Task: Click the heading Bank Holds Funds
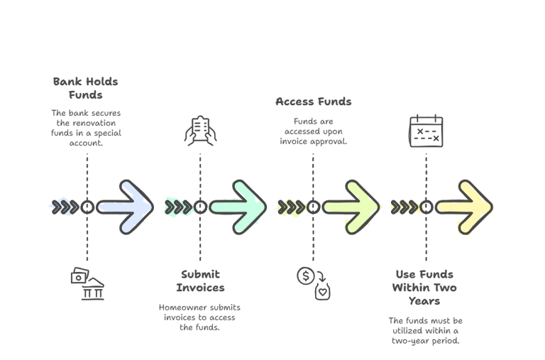point(86,88)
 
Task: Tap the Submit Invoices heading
point(200,280)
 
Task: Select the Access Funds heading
point(313,102)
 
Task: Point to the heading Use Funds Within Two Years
point(425,288)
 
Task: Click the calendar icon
point(426,132)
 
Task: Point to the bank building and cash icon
point(87,283)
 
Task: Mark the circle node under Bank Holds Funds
point(87,207)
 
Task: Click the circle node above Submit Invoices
point(200,207)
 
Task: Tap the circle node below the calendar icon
point(426,207)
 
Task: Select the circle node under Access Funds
point(313,207)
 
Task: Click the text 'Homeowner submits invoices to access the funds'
point(200,317)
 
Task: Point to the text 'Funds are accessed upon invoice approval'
point(313,131)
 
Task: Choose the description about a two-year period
point(425,330)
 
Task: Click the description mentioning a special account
point(86,127)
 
